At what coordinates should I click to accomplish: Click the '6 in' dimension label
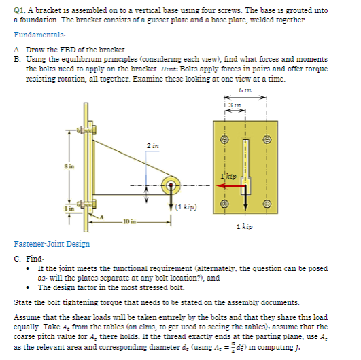click(245, 90)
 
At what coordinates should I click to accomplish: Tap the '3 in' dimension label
click(235, 105)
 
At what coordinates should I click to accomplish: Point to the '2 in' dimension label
click(153, 146)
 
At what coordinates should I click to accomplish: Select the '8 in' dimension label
click(69, 166)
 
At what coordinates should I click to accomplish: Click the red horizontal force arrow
click(231, 185)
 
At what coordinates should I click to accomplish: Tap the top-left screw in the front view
click(224, 139)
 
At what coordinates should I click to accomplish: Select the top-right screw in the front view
click(267, 139)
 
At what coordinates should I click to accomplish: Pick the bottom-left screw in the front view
click(224, 204)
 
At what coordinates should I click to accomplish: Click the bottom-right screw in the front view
click(267, 204)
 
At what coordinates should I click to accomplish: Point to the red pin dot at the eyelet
click(171, 185)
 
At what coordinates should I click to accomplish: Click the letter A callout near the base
click(101, 217)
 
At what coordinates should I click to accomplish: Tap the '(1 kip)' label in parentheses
click(186, 206)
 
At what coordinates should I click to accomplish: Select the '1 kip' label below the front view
click(245, 227)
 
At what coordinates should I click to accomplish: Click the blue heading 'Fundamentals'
click(39, 35)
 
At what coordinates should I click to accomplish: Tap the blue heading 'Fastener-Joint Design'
click(53, 244)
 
